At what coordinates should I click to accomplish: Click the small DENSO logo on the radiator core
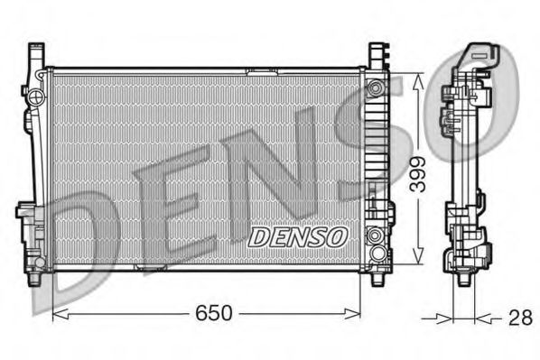pos(297,236)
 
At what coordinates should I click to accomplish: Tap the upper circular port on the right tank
pos(375,88)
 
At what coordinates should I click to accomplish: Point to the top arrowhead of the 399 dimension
pos(416,78)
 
